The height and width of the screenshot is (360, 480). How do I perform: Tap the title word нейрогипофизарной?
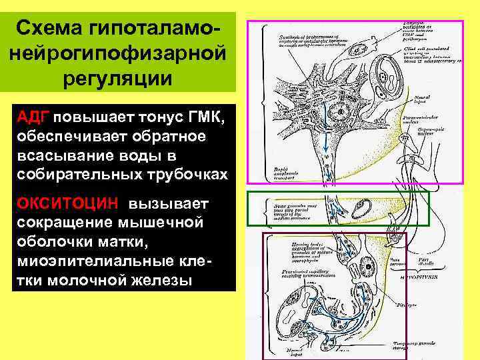click(x=118, y=53)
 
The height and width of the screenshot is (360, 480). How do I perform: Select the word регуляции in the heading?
click(x=118, y=78)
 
